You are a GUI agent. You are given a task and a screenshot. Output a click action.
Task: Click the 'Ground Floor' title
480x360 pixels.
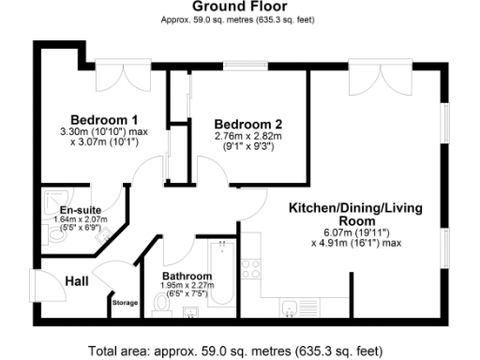[239, 7]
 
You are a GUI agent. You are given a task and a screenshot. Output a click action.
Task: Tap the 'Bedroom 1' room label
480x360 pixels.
[105, 120]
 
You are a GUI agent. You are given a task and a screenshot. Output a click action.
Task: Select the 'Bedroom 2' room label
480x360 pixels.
[247, 124]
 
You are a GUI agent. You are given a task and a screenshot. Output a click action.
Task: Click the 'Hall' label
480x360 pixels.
[77, 279]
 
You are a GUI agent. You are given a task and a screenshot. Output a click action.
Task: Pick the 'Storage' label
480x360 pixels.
[125, 303]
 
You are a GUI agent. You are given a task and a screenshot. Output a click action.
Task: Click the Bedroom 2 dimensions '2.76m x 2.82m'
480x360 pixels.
[247, 136]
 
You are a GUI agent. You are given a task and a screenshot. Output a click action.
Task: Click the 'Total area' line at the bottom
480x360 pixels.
[235, 351]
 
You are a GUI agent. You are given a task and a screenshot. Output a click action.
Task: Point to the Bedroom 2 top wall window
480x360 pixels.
[249, 67]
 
